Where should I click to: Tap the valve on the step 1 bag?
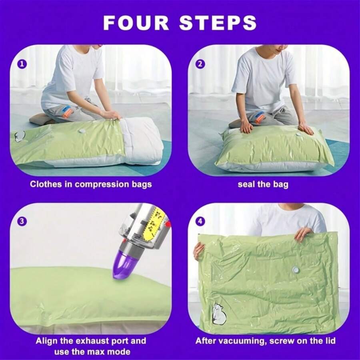pos(82,131)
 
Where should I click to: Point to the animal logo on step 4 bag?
pos(219,313)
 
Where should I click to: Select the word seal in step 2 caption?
pos(246,184)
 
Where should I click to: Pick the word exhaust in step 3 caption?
pos(91,341)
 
